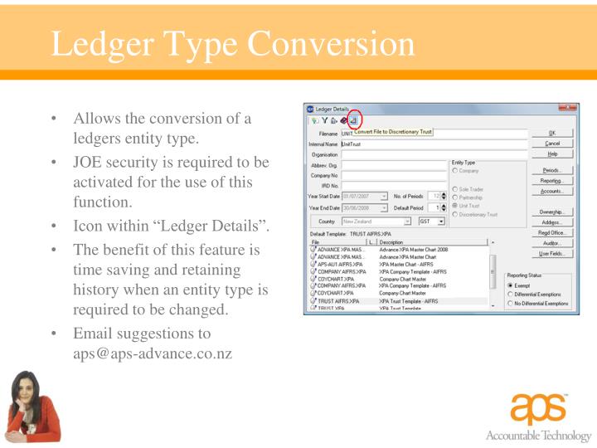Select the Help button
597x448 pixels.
pos(552,153)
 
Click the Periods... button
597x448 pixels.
pos(552,170)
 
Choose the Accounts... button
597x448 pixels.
pos(552,191)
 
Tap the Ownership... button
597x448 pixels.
pos(552,212)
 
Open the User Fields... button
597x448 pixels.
pos(552,254)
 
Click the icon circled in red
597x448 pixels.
pos(352,121)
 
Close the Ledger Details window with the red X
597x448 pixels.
pos(567,108)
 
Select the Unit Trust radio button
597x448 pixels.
pos(456,206)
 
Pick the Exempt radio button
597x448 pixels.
pos(511,285)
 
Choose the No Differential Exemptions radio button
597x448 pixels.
pos(511,304)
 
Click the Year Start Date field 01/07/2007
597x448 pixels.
pos(365,196)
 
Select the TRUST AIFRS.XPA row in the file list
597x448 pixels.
pos(339,301)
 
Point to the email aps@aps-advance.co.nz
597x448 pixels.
pos(153,354)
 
